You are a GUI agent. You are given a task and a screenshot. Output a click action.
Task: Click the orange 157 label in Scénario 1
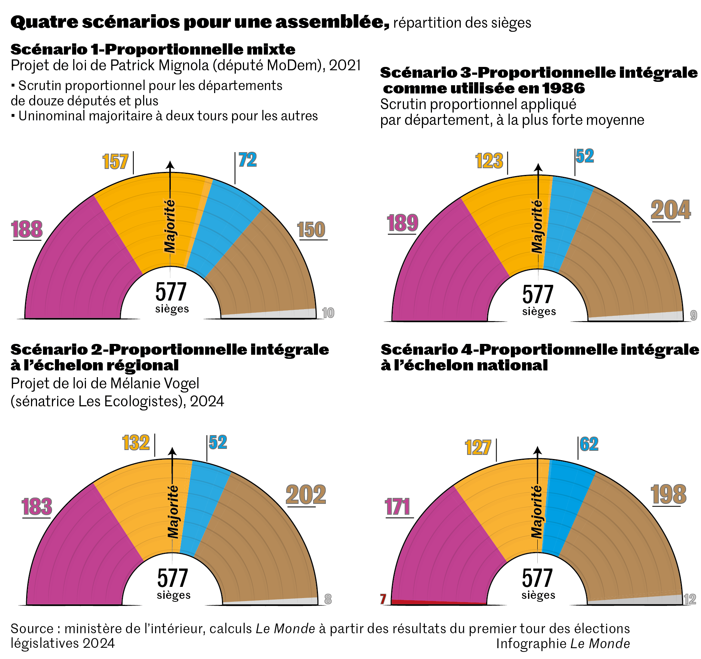(115, 162)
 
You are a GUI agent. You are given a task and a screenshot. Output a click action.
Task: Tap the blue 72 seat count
(248, 160)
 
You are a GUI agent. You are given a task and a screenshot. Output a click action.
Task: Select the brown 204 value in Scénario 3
(671, 210)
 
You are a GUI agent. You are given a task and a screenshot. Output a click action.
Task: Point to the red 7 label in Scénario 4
(383, 599)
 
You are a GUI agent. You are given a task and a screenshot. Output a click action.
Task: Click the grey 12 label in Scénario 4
(690, 599)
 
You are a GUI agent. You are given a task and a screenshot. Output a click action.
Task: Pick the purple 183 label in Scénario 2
(37, 507)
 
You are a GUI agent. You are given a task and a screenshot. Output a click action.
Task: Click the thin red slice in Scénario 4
(437, 602)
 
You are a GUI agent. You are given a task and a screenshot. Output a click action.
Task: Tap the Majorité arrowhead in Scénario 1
(170, 165)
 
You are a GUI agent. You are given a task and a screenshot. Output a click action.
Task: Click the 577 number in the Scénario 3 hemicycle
(537, 295)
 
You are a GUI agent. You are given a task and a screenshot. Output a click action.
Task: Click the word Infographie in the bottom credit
(531, 644)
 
